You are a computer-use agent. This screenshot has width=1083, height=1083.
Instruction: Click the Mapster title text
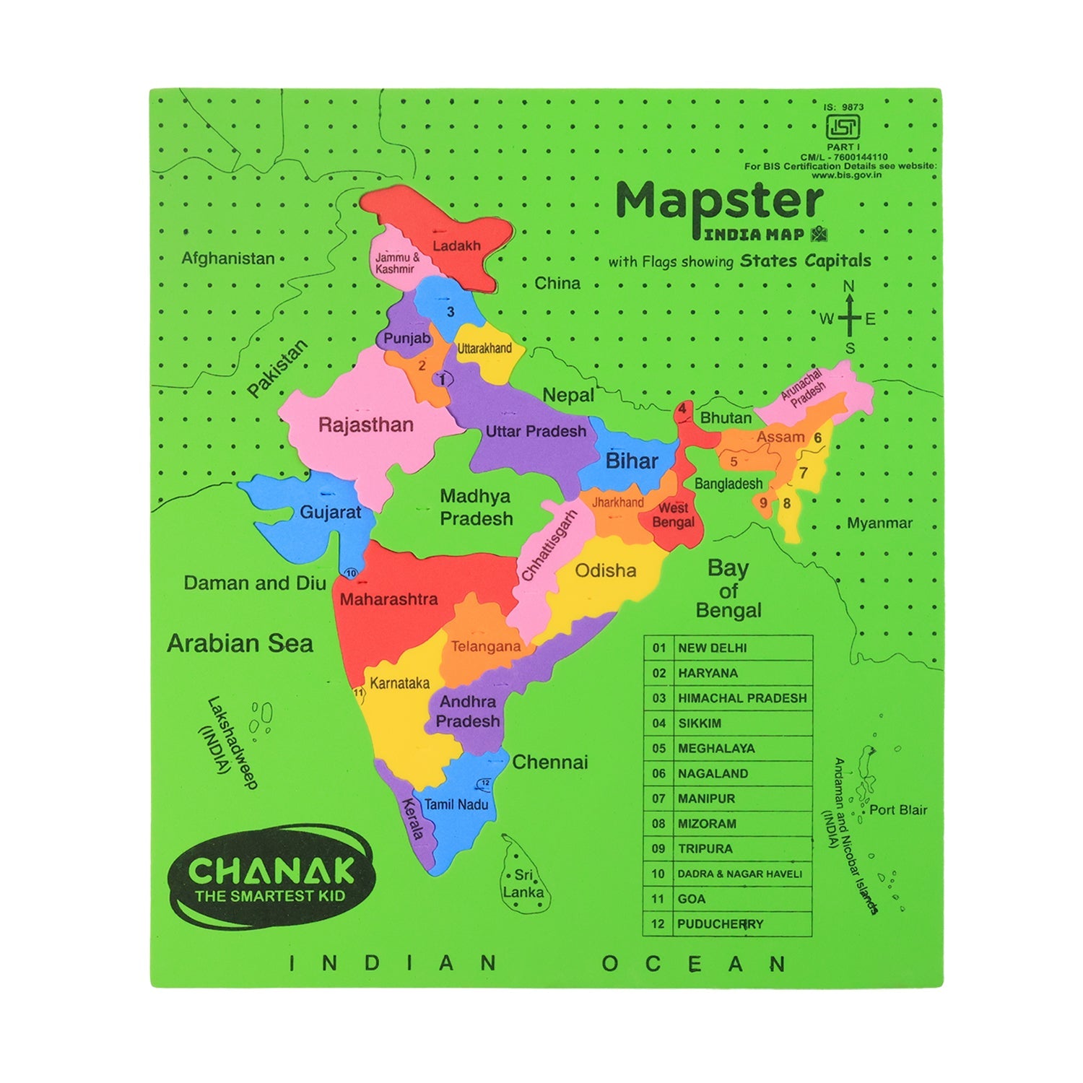coord(719,202)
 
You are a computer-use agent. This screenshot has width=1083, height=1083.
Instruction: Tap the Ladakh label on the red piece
coord(456,246)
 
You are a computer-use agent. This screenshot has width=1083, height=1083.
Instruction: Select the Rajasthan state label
coord(366,425)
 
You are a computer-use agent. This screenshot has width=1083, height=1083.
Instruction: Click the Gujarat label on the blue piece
coord(330,513)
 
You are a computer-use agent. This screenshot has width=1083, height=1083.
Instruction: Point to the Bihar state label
coord(632,461)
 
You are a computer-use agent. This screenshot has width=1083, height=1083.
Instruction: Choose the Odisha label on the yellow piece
coord(605,571)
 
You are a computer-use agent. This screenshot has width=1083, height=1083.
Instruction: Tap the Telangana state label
coord(485,647)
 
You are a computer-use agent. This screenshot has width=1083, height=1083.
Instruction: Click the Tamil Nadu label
coord(456,804)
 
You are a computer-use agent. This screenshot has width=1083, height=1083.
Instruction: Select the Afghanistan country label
coord(228,258)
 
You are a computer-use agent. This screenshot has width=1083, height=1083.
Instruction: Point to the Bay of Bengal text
coord(728,589)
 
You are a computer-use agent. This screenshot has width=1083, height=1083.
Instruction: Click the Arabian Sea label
coord(240,643)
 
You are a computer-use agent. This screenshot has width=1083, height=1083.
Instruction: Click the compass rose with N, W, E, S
coord(849,318)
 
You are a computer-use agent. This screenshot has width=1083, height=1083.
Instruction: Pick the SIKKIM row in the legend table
coord(728,723)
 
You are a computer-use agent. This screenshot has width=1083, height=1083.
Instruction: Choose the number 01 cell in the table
coord(658,648)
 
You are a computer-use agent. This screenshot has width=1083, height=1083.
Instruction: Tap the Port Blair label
coord(897,810)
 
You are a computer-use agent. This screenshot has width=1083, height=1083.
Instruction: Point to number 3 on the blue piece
coord(451,313)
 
